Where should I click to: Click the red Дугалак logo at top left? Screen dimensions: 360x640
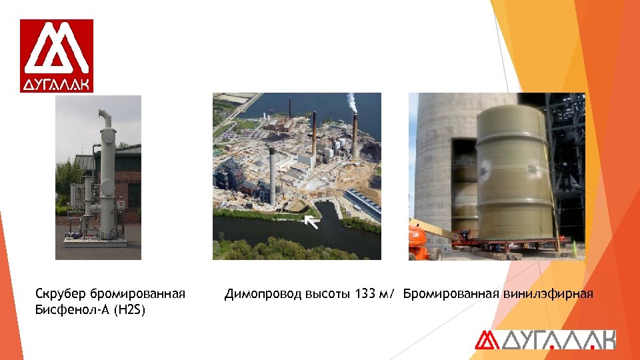point(57,55)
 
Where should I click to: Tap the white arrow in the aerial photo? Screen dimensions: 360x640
point(311,221)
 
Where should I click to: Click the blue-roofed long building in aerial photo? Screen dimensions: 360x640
point(363,204)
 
